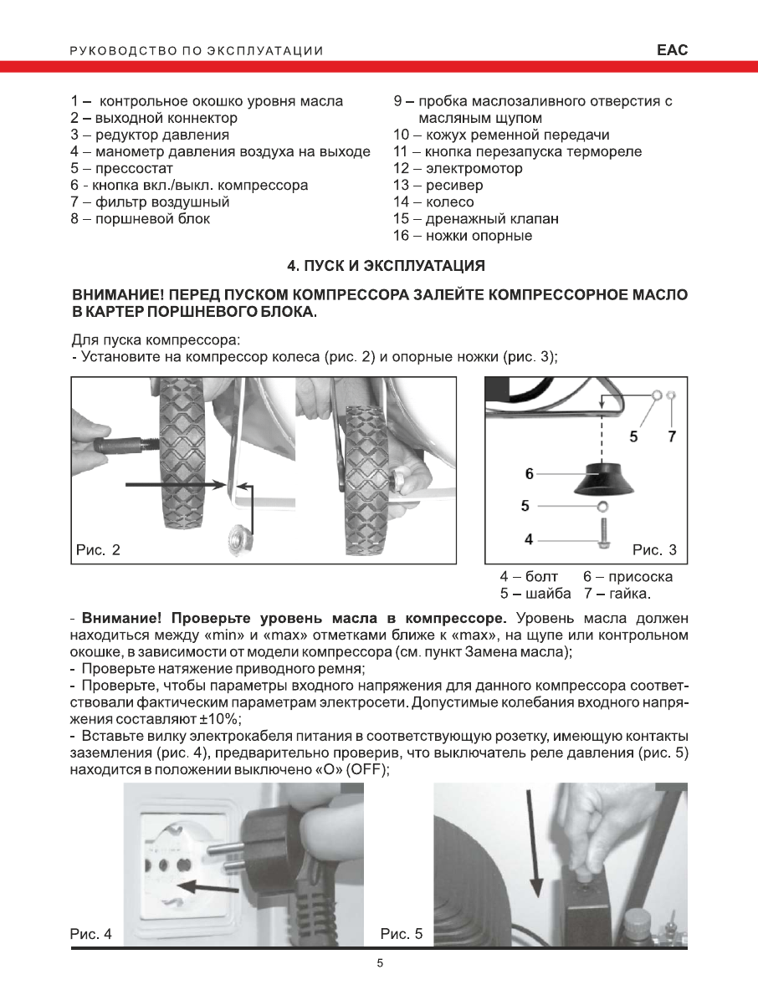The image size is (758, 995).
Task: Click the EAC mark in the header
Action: (x=672, y=50)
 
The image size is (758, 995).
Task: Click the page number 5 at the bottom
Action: (x=380, y=963)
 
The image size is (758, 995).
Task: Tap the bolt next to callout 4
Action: (x=602, y=532)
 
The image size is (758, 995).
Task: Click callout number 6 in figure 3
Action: (x=529, y=473)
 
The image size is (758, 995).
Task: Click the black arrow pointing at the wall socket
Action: (x=209, y=885)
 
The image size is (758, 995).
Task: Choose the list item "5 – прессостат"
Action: (x=122, y=168)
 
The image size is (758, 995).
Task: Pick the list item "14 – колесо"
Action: (x=433, y=202)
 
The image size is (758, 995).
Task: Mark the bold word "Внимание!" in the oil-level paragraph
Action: (x=120, y=619)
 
